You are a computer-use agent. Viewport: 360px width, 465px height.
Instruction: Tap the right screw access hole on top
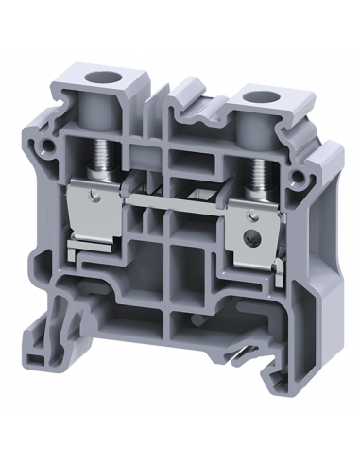(x=252, y=95)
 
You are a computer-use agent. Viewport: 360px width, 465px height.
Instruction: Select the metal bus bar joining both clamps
(x=179, y=200)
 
